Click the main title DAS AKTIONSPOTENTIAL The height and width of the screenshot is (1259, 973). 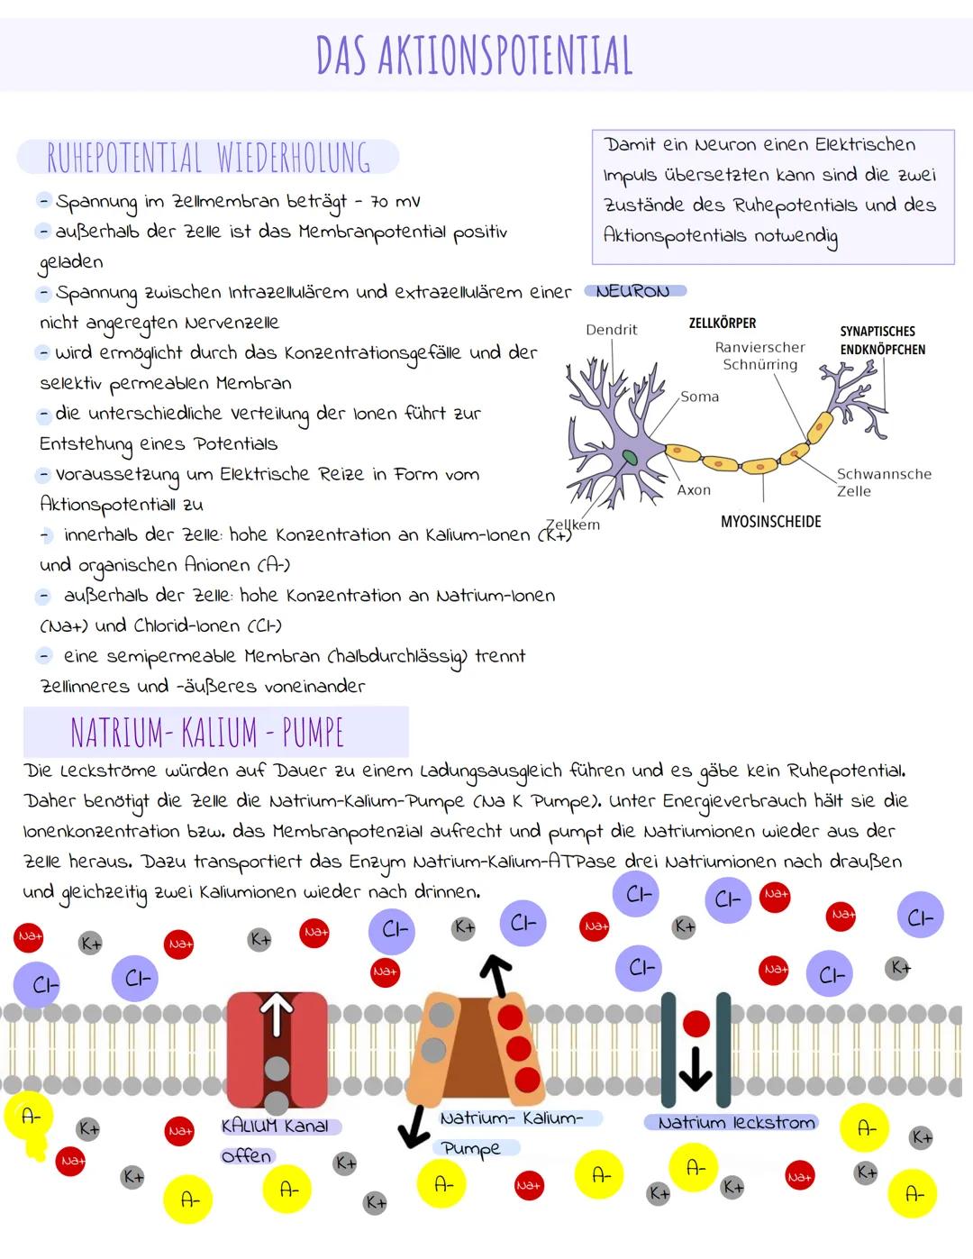[474, 56]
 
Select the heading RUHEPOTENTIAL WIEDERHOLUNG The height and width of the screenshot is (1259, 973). [208, 157]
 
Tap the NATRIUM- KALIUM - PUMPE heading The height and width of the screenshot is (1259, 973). [207, 733]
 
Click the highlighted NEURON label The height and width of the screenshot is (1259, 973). [633, 291]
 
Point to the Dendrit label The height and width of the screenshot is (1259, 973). [611, 330]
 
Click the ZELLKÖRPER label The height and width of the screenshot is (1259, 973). [723, 323]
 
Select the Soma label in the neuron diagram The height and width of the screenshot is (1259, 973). [699, 397]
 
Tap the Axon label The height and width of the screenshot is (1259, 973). [694, 490]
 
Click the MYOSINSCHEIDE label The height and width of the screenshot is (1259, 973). [771, 522]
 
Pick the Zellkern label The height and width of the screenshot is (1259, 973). [573, 525]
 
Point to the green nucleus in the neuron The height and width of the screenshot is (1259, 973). [630, 458]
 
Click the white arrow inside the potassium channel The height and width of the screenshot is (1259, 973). [277, 1014]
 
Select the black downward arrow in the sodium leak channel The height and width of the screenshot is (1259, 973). [695, 1070]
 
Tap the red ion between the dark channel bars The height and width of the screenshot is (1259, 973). [696, 1025]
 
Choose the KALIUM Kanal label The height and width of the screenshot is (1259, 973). [275, 1127]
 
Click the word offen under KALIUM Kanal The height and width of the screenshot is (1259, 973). [246, 1156]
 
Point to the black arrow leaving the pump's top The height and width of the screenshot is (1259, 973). [497, 975]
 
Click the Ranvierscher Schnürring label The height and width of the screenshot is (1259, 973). [759, 356]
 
